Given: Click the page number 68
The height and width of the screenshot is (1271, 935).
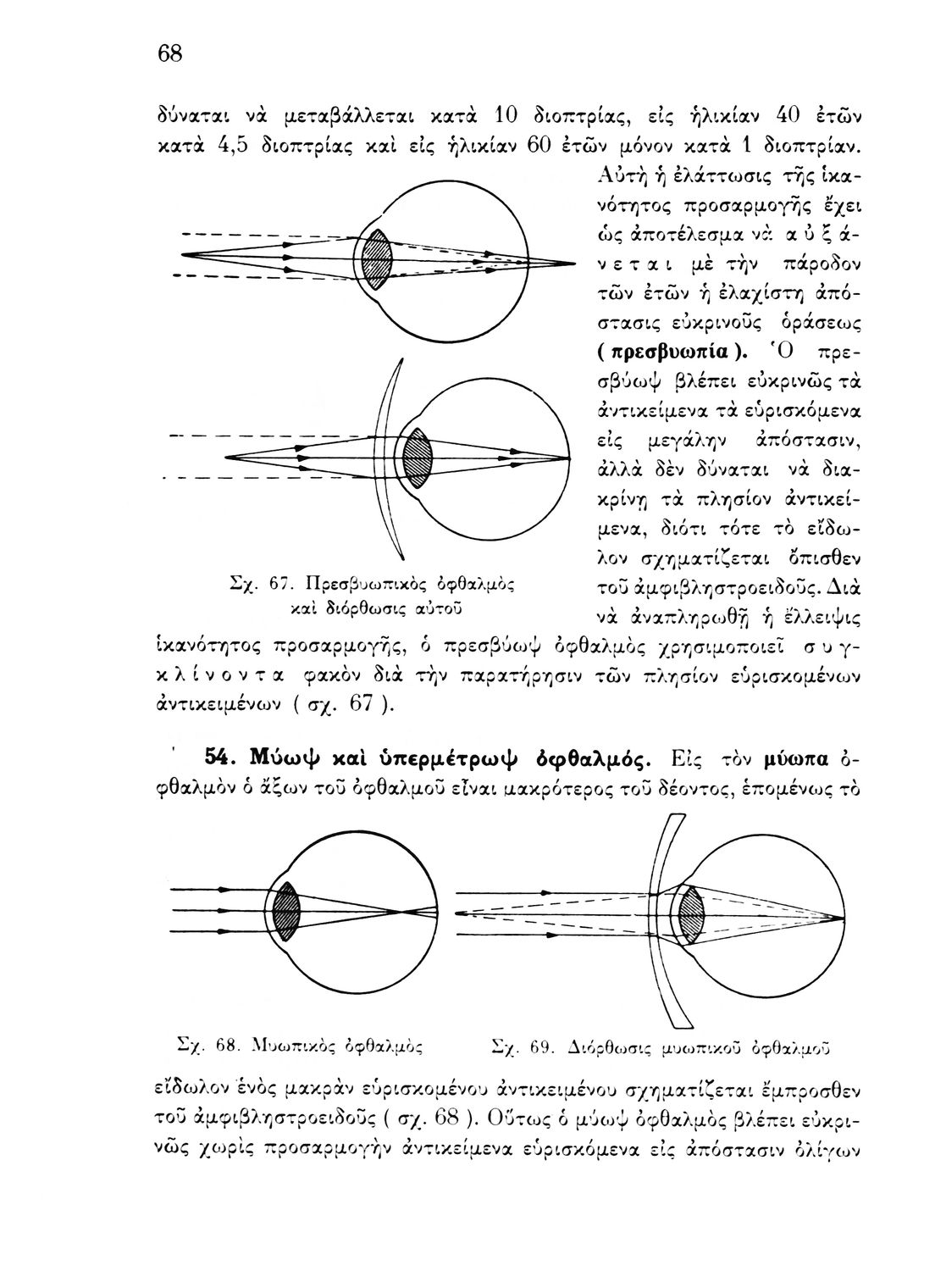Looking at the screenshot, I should tap(170, 53).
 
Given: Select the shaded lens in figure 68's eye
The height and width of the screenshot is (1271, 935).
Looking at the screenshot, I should tap(288, 912).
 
